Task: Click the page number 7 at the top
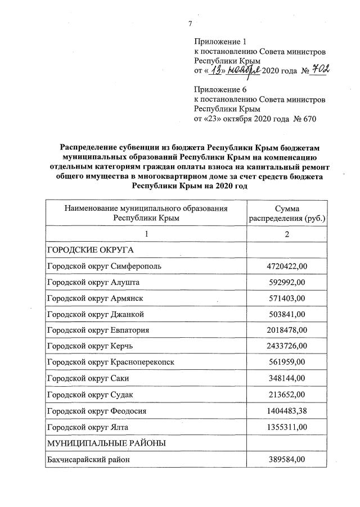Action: [190, 24]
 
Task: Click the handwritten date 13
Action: [215, 70]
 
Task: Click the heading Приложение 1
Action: [220, 42]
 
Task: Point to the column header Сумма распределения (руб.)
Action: [287, 213]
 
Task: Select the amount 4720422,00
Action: [287, 266]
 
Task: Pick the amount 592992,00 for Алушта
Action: [287, 282]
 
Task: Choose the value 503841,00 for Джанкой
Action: [287, 314]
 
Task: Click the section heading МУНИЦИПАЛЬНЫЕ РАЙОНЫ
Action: [106, 443]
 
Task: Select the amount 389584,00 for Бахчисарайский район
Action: [287, 460]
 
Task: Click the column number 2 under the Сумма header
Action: [287, 234]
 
